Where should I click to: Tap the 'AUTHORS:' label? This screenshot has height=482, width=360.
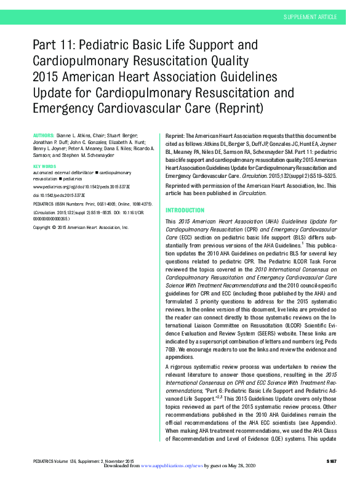tap(42, 134)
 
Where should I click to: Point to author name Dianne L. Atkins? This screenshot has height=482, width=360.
tap(78, 134)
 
